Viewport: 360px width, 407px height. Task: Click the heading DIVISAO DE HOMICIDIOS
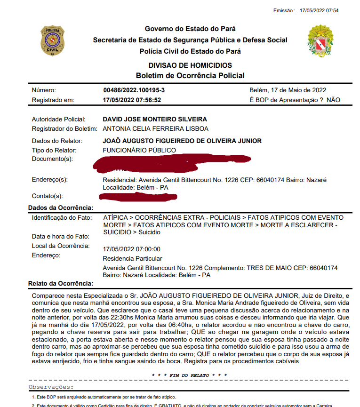click(190, 65)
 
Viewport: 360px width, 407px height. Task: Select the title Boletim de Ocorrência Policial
click(190, 75)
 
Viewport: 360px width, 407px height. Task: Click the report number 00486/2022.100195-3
click(134, 90)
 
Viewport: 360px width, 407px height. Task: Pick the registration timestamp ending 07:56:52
click(132, 100)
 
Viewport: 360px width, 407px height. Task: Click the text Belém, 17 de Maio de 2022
click(288, 90)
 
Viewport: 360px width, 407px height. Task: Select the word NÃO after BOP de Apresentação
click(333, 100)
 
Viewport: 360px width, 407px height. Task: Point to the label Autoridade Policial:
click(59, 120)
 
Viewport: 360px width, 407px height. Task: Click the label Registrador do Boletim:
click(64, 128)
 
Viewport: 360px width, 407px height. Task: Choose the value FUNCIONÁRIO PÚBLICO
click(139, 150)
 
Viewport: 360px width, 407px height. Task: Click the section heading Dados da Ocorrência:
click(61, 207)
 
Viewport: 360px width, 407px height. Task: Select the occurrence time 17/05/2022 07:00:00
click(131, 249)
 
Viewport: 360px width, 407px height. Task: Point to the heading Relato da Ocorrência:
click(61, 283)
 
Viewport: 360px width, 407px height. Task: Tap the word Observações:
click(51, 387)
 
